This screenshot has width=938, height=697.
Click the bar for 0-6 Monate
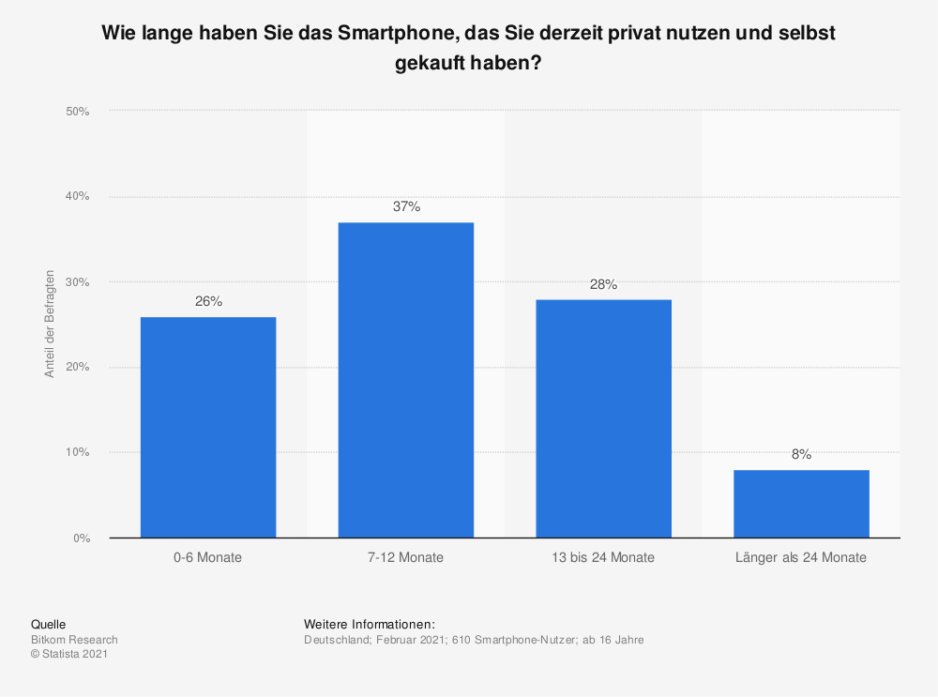point(208,427)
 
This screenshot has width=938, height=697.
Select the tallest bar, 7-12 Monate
point(406,380)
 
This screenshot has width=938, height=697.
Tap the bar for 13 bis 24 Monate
point(604,418)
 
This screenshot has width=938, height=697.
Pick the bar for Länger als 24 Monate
point(801,504)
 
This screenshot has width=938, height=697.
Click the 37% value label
point(406,207)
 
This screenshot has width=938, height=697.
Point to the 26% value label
point(208,302)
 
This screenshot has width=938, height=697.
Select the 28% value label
point(604,284)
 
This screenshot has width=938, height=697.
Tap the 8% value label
point(801,455)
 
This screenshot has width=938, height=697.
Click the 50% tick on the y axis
point(77,112)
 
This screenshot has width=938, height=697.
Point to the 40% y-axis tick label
point(77,197)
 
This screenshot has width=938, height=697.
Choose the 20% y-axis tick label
point(77,368)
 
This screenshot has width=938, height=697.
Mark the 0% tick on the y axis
point(80,538)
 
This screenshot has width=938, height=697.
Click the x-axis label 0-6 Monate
point(208,557)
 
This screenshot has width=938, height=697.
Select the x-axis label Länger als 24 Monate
point(801,557)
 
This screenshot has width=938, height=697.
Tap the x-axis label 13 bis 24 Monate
point(604,557)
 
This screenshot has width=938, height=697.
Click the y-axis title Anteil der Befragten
point(50,325)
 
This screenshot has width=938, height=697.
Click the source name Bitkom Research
point(74,640)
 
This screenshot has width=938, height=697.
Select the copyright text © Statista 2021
point(69,655)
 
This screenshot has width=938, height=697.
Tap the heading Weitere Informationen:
point(370,624)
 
